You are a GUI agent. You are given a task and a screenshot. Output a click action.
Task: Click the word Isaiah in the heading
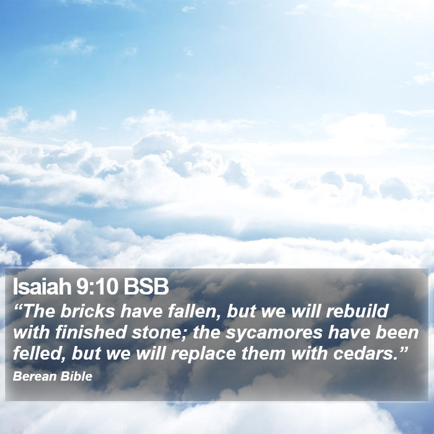click(x=42, y=286)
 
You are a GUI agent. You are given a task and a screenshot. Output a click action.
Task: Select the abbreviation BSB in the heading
click(x=146, y=286)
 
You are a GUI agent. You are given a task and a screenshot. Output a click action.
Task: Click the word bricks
click(x=87, y=311)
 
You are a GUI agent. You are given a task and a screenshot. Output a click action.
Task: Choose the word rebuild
click(x=357, y=311)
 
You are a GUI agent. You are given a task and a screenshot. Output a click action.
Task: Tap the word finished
click(x=91, y=332)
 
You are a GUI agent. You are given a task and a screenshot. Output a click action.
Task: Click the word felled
click(x=37, y=353)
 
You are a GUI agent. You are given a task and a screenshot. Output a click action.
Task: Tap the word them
click(x=263, y=353)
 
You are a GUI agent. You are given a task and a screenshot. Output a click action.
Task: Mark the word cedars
click(x=362, y=353)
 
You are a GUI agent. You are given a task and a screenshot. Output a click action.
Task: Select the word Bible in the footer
click(x=76, y=376)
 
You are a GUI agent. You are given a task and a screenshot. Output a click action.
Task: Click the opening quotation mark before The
click(x=17, y=307)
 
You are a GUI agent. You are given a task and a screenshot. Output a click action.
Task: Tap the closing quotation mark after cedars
click(x=403, y=349)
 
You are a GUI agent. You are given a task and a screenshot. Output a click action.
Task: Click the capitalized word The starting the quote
click(x=38, y=311)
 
